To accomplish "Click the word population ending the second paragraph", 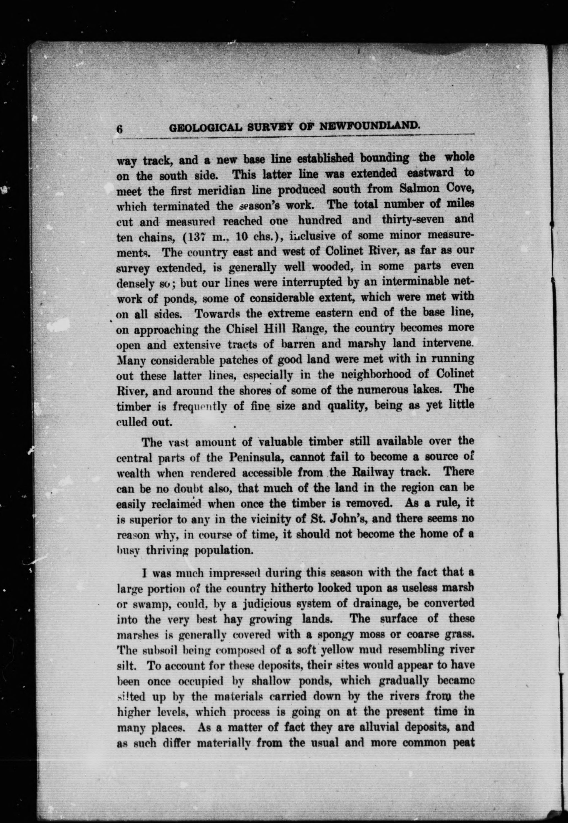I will click(x=224, y=550).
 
